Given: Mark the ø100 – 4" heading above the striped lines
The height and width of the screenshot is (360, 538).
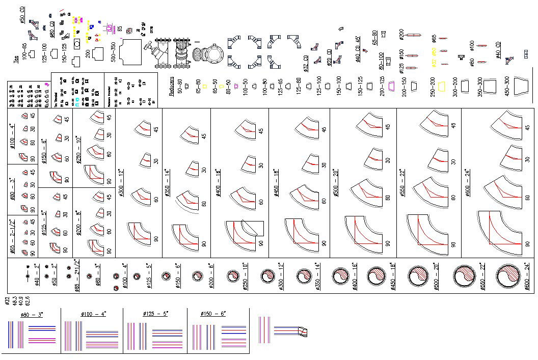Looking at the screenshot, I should [92, 314].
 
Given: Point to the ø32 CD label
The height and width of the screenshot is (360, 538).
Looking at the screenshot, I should [306, 63].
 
